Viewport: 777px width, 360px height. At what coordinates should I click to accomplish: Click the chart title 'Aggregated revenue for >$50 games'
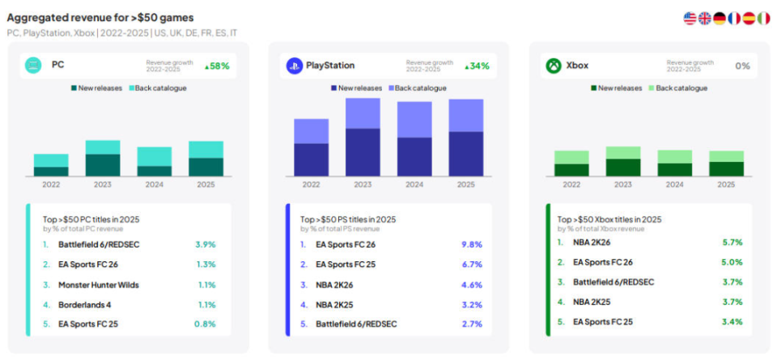coord(100,17)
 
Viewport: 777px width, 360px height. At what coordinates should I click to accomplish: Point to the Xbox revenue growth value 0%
coord(742,66)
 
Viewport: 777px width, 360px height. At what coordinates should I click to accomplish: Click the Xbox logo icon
coord(554,66)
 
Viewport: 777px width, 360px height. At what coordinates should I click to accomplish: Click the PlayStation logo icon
coord(294,66)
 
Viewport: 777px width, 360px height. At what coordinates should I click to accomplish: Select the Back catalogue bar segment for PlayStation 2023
coord(363,113)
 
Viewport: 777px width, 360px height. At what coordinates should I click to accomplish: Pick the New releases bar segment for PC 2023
coord(103,164)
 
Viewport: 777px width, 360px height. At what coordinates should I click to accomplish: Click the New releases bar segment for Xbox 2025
coord(726,168)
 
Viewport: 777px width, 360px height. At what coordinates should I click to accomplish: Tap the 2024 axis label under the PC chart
coord(154,184)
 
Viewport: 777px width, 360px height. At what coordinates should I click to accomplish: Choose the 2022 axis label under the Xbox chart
coord(571,184)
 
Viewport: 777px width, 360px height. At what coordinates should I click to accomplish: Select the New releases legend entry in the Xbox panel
coord(615,88)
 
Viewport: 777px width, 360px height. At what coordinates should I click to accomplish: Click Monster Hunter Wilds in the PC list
coord(97,285)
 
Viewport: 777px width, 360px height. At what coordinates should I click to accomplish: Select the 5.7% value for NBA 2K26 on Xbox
coord(732,242)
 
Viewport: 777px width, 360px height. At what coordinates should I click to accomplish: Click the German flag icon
coord(719,18)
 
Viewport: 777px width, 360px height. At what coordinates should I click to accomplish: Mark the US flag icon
coord(690,18)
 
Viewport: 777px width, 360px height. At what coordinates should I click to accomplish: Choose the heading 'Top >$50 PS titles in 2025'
coord(348,218)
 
